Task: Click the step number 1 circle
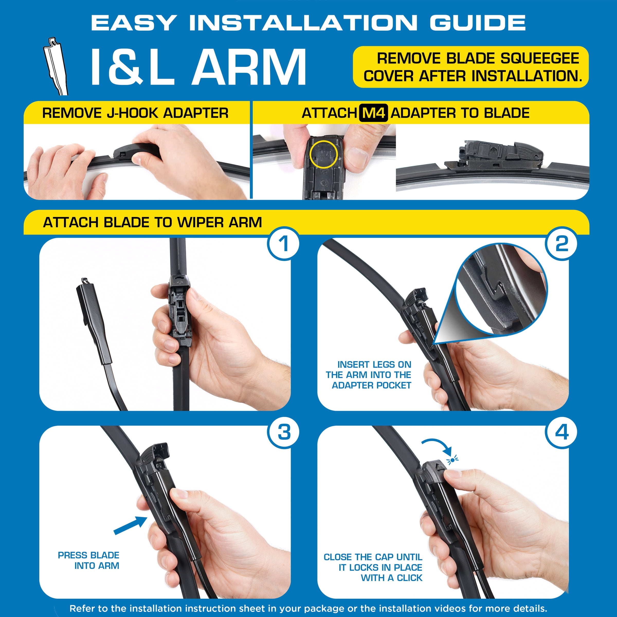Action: [283, 244]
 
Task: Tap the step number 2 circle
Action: [561, 244]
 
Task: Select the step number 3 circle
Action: [284, 432]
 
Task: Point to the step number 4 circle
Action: [561, 432]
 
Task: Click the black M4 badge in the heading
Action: [373, 113]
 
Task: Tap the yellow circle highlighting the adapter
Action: [323, 155]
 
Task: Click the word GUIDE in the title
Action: [477, 23]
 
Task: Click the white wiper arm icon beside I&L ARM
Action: [56, 66]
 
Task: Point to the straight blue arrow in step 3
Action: [130, 525]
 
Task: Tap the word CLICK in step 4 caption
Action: [410, 578]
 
